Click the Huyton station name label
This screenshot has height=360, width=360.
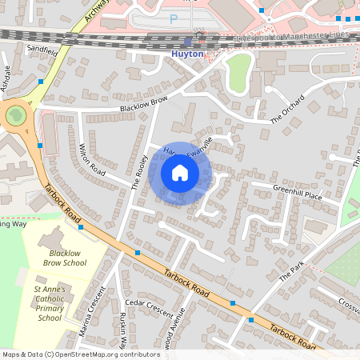(x=188, y=54)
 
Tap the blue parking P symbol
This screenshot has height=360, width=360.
(x=174, y=18)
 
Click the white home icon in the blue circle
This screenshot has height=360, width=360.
(x=180, y=172)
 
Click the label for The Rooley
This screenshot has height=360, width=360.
(x=138, y=170)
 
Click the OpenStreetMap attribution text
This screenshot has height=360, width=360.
(x=81, y=354)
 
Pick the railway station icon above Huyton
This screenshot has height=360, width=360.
(x=188, y=42)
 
